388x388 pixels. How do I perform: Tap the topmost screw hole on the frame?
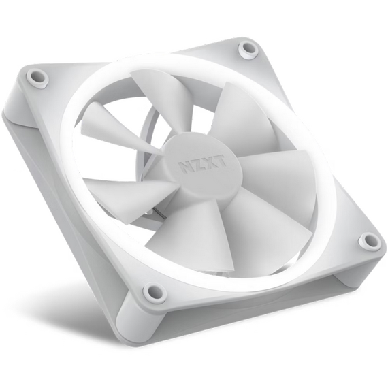[x=248, y=48]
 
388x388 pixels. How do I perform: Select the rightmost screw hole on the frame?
[x=369, y=240]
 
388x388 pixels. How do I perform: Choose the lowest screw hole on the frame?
[x=154, y=293]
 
